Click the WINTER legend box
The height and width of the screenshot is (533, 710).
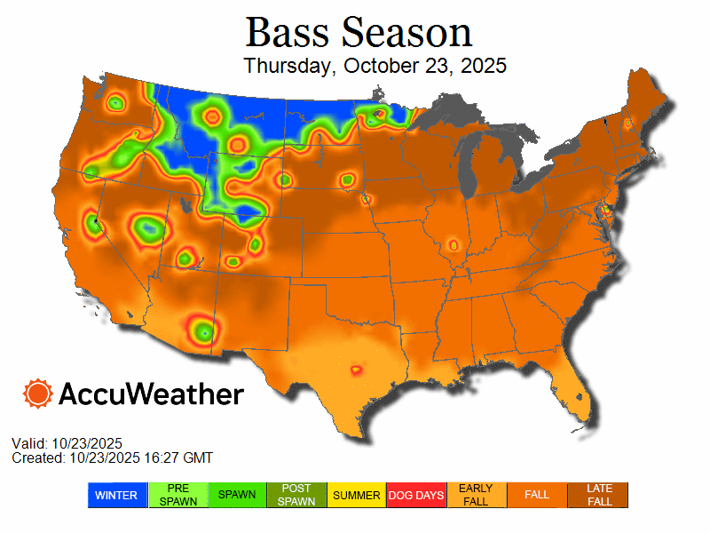[117, 495]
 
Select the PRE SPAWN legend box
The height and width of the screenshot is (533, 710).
[177, 495]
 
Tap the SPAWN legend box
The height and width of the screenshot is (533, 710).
[238, 495]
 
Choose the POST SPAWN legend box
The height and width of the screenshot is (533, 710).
[297, 495]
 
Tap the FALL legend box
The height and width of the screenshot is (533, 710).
[537, 495]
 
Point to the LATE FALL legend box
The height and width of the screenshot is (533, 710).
[598, 495]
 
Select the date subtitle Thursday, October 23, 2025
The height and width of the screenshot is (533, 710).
[375, 66]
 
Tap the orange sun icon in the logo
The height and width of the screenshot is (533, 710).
[38, 394]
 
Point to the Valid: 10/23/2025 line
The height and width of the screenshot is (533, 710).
[67, 443]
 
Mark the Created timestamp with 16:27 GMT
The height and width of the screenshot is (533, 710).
[112, 457]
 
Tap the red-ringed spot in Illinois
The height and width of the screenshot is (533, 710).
[453, 244]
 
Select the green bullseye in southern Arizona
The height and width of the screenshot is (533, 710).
[204, 331]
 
